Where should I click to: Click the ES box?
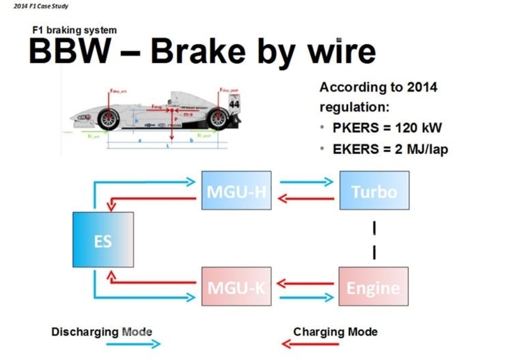click(x=103, y=239)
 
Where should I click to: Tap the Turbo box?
click(x=374, y=190)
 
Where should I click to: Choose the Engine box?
click(x=374, y=286)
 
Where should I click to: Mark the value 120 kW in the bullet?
click(x=416, y=128)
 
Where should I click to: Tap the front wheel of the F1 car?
click(x=112, y=119)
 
